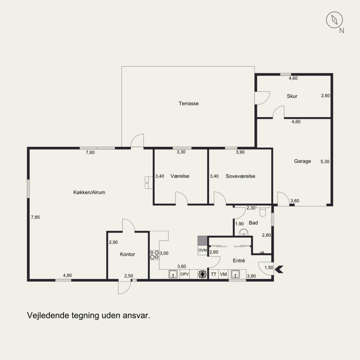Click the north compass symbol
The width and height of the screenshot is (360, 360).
click(334, 20)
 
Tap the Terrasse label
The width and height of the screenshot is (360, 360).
click(189, 103)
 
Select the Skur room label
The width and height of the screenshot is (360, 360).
click(292, 96)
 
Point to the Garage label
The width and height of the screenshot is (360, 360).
click(302, 161)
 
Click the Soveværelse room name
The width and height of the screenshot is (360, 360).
click(240, 176)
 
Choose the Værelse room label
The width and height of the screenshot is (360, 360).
click(180, 176)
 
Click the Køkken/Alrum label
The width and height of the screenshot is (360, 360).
click(89, 193)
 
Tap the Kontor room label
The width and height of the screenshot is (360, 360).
click(127, 254)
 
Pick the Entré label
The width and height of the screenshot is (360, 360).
click(239, 261)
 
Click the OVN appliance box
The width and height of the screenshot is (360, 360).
click(202, 250)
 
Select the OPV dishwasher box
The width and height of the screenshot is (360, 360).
click(184, 274)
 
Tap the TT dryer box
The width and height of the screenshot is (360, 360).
click(213, 274)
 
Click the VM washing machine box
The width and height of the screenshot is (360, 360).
click(223, 274)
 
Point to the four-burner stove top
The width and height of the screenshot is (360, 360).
click(154, 255)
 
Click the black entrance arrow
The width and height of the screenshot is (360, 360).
click(279, 269)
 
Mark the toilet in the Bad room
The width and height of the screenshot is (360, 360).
click(263, 211)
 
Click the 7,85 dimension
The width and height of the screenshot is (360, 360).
click(36, 217)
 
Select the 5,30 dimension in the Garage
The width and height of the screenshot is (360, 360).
click(325, 162)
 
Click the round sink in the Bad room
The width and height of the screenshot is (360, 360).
click(243, 232)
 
